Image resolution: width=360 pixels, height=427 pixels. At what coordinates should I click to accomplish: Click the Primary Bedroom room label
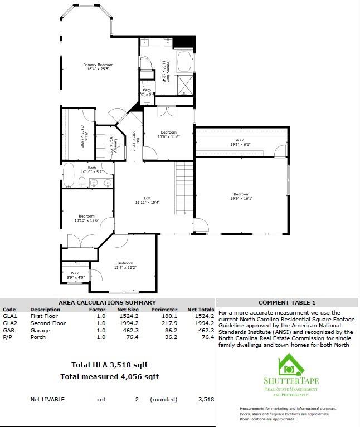(x=98, y=67)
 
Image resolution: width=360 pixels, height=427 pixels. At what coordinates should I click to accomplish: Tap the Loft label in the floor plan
(x=147, y=200)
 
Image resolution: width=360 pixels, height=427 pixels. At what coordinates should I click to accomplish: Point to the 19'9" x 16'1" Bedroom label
(x=241, y=197)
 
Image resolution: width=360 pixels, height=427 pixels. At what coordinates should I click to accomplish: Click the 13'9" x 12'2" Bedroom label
(x=125, y=265)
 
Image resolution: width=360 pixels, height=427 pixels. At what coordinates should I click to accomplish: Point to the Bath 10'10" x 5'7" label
(x=91, y=170)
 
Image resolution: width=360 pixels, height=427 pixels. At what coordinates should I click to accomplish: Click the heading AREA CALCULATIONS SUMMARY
(x=108, y=302)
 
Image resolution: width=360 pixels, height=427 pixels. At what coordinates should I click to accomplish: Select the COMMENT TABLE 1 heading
(x=287, y=302)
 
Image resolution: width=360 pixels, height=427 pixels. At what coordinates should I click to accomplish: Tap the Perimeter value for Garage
(x=168, y=330)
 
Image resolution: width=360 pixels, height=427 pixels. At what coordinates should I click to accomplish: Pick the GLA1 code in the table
(x=9, y=316)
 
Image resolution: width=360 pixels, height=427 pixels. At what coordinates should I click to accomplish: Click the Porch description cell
(x=37, y=337)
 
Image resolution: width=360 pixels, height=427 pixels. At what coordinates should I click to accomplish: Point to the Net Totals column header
(x=201, y=309)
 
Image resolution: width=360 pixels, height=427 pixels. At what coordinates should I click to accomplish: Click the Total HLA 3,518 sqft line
(x=109, y=365)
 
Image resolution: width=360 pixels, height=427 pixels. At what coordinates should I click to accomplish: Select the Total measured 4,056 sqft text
(x=109, y=377)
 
